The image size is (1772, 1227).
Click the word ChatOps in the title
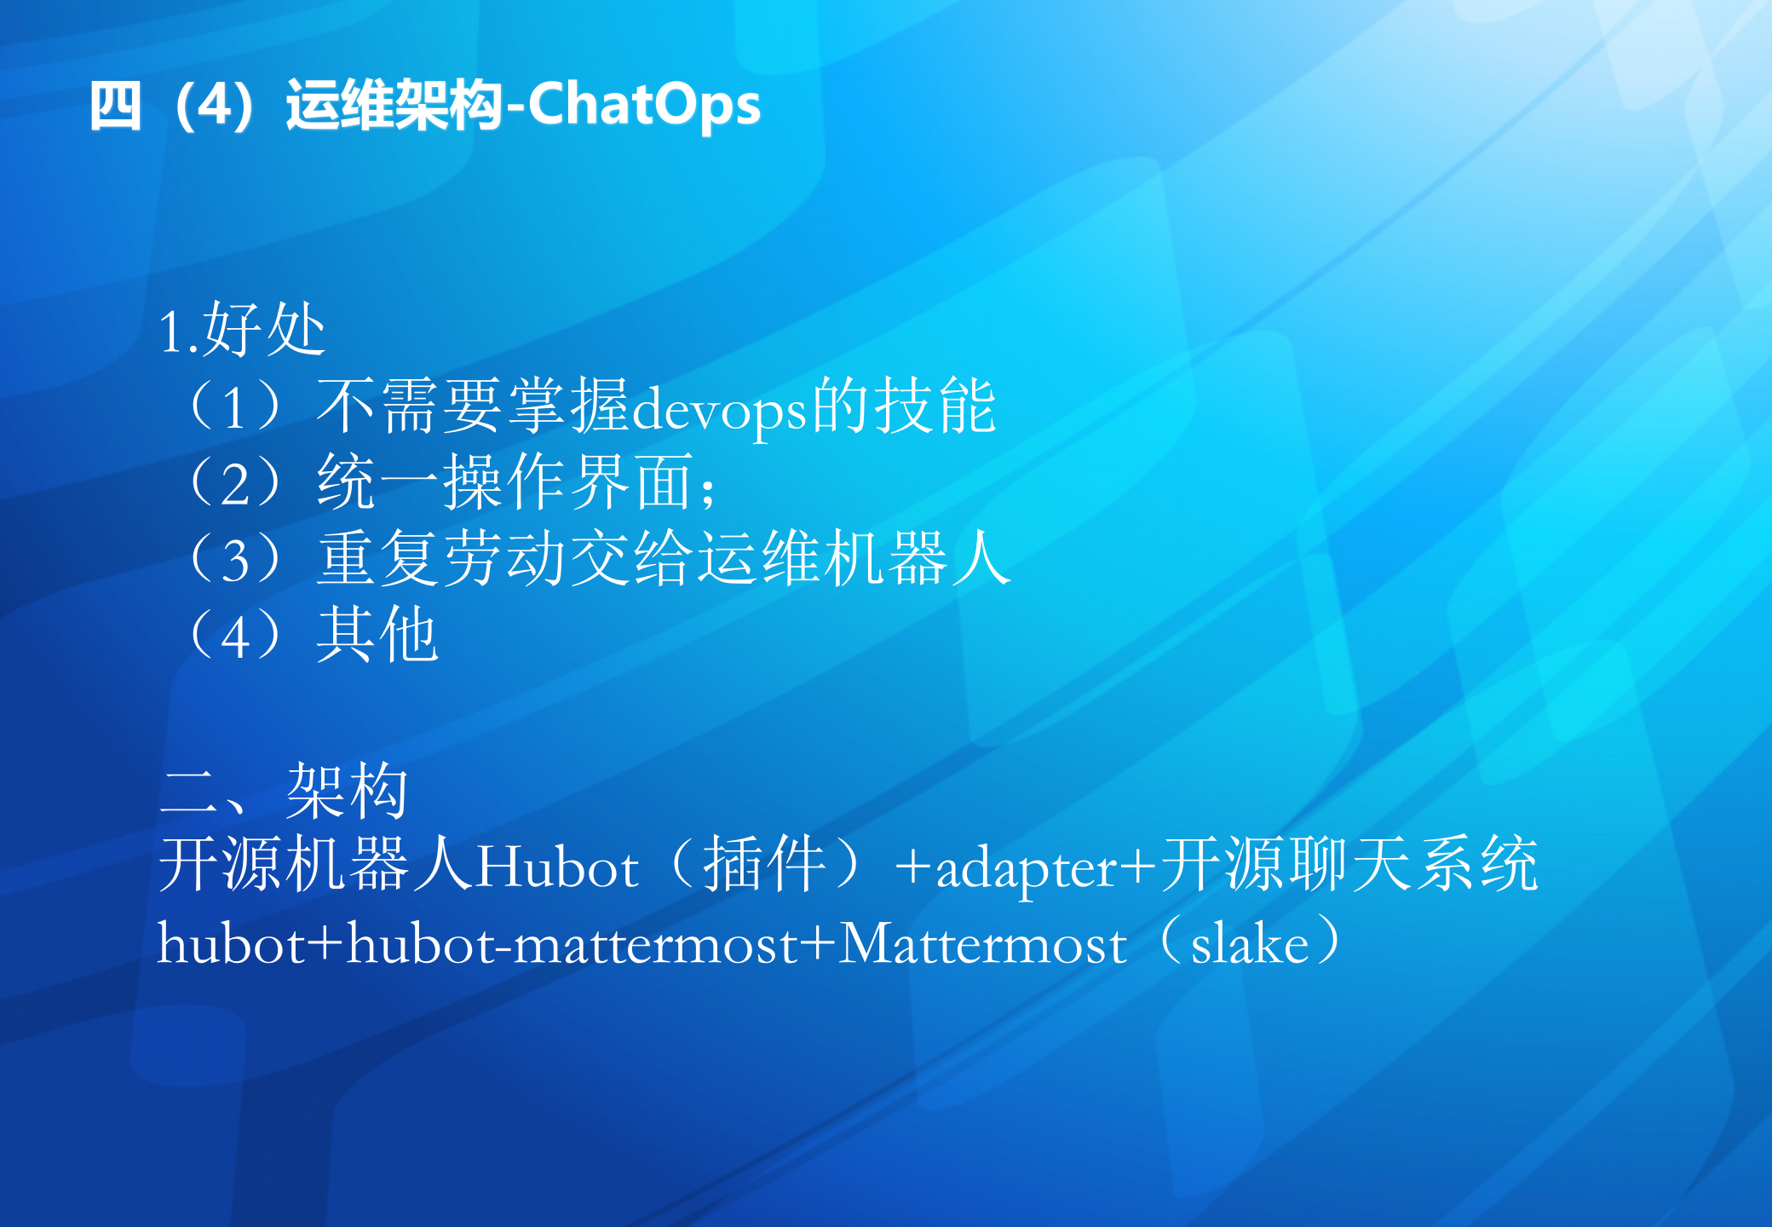[x=644, y=106]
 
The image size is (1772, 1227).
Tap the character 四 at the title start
[x=115, y=107]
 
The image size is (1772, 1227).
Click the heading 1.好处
[x=242, y=330]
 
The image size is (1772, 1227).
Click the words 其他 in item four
[x=377, y=636]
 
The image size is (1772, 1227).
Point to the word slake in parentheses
[x=1249, y=944]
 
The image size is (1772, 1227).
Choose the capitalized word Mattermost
[x=982, y=944]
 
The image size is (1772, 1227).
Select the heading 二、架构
[x=285, y=790]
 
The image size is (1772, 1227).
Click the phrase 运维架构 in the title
[x=394, y=107]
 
